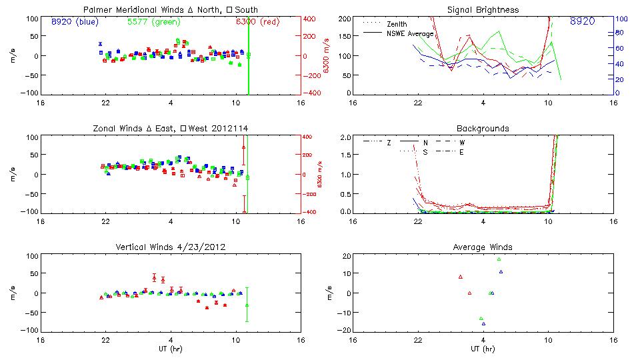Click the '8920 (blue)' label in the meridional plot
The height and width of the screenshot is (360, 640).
[x=75, y=21]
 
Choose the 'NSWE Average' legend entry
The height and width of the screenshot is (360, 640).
[x=410, y=33]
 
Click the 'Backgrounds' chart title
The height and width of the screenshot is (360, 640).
[x=483, y=128]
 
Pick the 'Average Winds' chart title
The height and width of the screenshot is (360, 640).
[x=483, y=247]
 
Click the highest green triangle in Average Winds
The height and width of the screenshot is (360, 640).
[x=499, y=259]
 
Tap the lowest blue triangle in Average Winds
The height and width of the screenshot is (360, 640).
[x=483, y=324]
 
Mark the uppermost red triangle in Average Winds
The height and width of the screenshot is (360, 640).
[x=460, y=277]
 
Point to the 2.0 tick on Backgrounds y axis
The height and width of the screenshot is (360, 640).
[x=346, y=137]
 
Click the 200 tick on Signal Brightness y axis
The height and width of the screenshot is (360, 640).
[x=345, y=19]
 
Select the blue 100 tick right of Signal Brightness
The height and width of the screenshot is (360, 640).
[x=619, y=19]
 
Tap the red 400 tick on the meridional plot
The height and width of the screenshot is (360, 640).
[x=311, y=19]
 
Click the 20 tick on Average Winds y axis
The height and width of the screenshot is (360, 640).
[x=347, y=256]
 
